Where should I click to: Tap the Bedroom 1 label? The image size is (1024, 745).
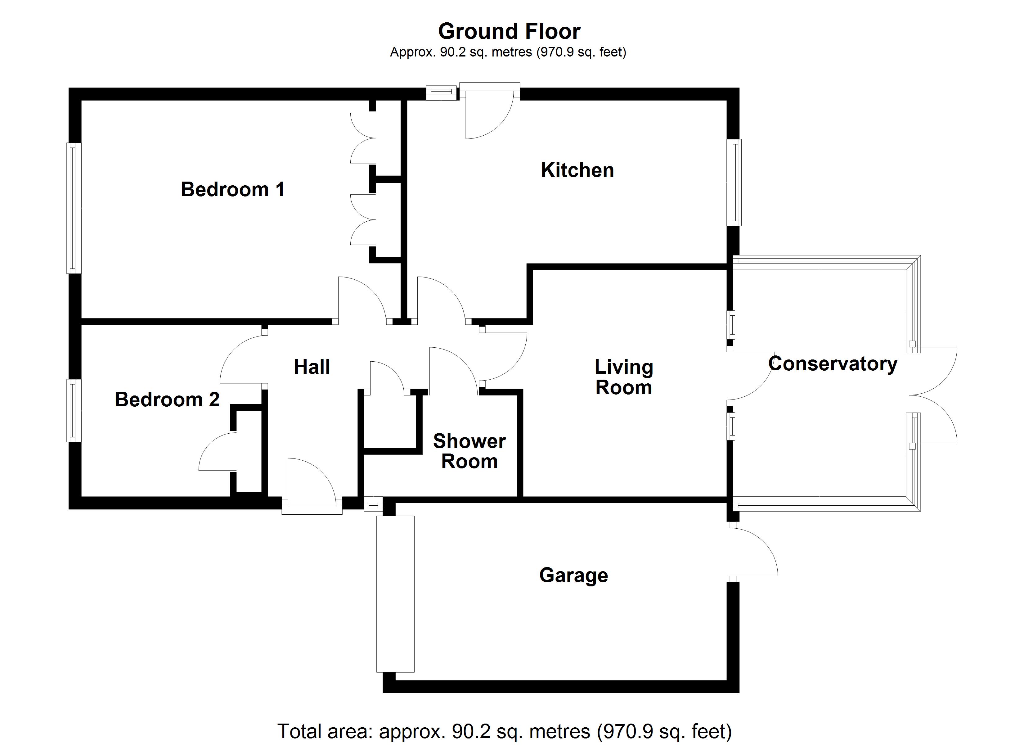[232, 189]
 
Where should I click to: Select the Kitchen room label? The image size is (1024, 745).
[577, 170]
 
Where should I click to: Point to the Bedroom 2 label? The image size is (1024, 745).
[167, 400]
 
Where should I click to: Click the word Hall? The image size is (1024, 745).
[312, 367]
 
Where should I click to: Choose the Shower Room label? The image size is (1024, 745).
[469, 451]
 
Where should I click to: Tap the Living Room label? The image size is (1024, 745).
[623, 377]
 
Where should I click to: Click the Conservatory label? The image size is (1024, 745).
[833, 364]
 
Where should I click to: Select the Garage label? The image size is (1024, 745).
[573, 575]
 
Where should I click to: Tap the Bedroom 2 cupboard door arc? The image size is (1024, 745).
[217, 452]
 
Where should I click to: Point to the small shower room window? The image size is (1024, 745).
[373, 504]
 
